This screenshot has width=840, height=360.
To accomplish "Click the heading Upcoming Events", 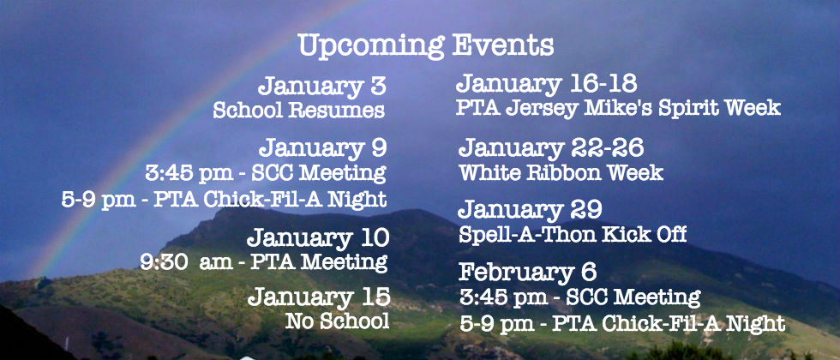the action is [x=426, y=46].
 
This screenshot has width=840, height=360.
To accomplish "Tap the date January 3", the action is [x=322, y=87].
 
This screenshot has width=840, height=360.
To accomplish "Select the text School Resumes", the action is [x=299, y=111].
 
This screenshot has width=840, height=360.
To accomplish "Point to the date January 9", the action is [x=322, y=147].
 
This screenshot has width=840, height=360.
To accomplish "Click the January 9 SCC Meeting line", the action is [x=266, y=173].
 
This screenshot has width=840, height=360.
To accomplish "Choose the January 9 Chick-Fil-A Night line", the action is [x=224, y=199].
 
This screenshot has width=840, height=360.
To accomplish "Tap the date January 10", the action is [x=318, y=238].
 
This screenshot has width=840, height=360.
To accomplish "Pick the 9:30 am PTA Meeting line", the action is [x=264, y=262].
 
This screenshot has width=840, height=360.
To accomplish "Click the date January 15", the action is [x=319, y=297].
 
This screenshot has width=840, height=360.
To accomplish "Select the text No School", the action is [x=338, y=321].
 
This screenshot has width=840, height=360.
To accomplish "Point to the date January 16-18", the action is [x=547, y=84].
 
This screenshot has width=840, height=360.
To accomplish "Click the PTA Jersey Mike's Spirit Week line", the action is [x=618, y=108].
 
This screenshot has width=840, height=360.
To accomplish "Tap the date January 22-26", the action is [x=551, y=147].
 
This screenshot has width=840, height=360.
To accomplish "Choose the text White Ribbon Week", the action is [x=561, y=172].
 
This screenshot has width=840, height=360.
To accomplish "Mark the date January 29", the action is [x=531, y=209].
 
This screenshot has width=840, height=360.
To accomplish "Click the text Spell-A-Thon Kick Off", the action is [x=573, y=235].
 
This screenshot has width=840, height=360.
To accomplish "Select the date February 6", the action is [x=528, y=272].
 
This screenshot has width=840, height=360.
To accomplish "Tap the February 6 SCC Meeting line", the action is [x=579, y=297].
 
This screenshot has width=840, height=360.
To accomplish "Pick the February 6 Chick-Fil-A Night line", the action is [x=622, y=324].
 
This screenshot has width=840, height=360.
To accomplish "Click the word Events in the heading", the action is [x=503, y=45].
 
